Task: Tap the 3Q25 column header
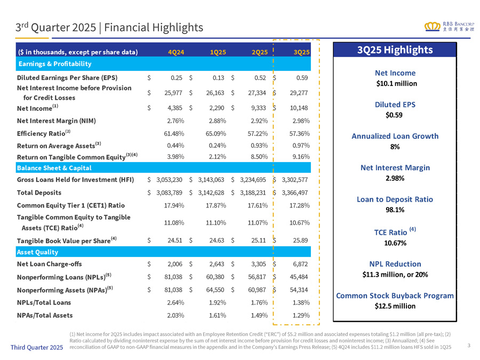click(301, 52)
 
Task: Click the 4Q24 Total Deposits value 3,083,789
click(167, 193)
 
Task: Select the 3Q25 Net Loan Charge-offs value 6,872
click(298, 263)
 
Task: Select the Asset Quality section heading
click(36, 251)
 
